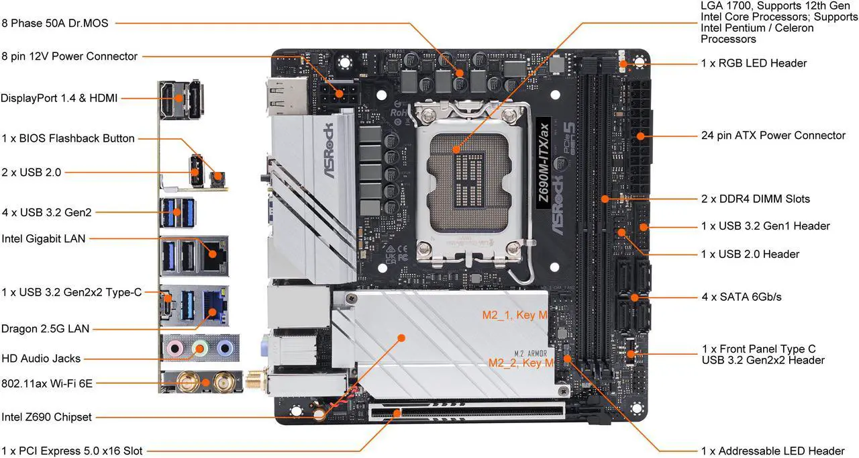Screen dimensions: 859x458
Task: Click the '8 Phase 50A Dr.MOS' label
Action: (x=55, y=23)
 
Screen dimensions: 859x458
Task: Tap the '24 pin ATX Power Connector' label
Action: (x=773, y=136)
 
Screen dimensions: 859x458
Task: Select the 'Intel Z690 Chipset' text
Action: (x=46, y=417)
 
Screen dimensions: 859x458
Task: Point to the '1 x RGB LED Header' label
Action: (x=754, y=63)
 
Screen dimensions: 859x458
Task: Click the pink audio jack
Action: (x=175, y=349)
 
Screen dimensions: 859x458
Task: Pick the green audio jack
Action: (x=200, y=349)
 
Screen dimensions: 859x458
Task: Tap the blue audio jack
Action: (x=225, y=349)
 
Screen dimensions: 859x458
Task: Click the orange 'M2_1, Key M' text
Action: (x=515, y=315)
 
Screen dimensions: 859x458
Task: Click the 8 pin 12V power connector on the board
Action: (x=339, y=93)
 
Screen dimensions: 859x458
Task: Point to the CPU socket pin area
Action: (x=469, y=181)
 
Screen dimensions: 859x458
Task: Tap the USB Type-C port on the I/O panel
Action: (x=167, y=306)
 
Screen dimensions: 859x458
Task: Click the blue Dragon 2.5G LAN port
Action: (x=215, y=308)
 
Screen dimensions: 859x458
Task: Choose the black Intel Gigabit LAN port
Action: (x=214, y=257)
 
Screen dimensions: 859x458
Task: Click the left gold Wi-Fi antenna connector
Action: (x=188, y=382)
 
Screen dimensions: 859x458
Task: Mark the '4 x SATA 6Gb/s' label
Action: (x=742, y=297)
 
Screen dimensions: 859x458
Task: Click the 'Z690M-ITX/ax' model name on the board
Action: (x=544, y=163)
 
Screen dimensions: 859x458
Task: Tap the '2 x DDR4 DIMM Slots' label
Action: (x=756, y=199)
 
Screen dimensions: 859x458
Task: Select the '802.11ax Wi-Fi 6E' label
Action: (x=47, y=383)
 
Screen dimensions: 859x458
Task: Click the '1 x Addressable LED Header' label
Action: (x=773, y=451)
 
